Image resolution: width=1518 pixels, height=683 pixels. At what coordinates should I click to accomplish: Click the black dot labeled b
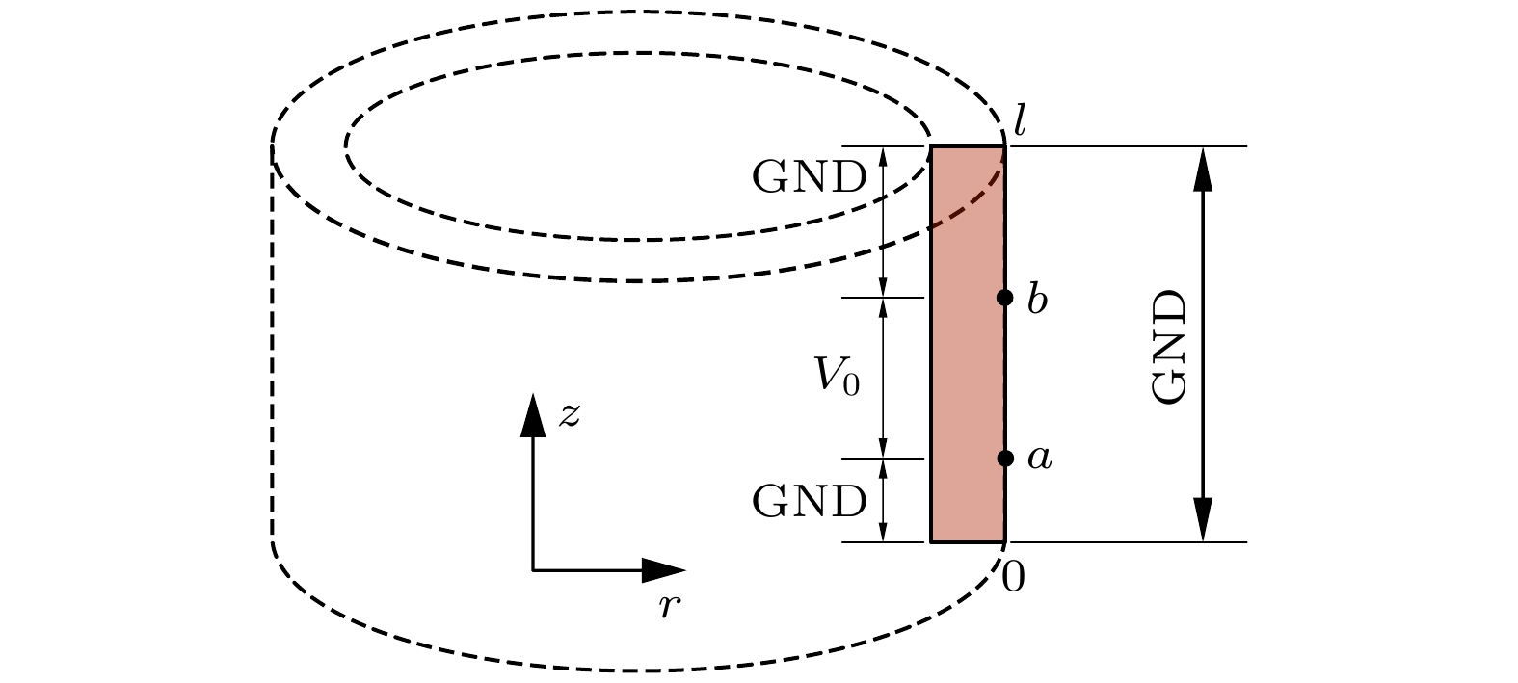pos(1004,298)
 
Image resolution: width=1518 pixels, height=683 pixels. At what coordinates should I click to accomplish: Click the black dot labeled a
pos(1004,459)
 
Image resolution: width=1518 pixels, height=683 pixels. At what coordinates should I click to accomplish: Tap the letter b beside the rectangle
pos(1037,300)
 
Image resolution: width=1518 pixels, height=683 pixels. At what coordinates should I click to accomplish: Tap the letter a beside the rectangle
pos(1038,460)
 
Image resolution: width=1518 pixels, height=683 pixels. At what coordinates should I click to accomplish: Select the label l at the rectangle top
pos(1019,121)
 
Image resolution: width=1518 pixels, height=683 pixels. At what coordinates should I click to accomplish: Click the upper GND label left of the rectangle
pos(809,178)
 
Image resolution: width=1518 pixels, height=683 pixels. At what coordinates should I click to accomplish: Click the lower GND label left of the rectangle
pos(809,502)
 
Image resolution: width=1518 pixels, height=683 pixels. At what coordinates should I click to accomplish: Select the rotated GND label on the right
pos(1171,346)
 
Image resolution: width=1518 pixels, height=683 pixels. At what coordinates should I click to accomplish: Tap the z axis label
pos(570,415)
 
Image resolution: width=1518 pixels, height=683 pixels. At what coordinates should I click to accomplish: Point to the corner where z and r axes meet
pos(533,570)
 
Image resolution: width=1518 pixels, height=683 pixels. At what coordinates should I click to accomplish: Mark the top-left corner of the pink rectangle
pos(931,147)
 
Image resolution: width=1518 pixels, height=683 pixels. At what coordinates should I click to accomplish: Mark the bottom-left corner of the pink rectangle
pos(931,541)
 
